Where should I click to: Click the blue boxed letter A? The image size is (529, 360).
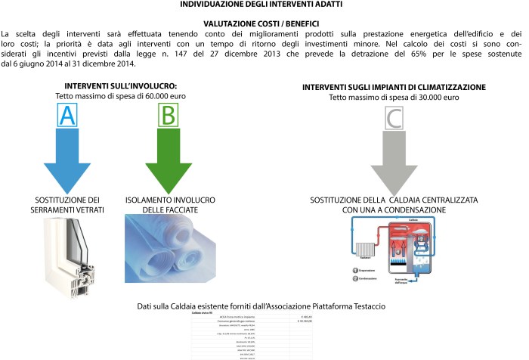[67, 116]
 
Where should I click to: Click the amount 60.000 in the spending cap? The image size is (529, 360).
[141, 97]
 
